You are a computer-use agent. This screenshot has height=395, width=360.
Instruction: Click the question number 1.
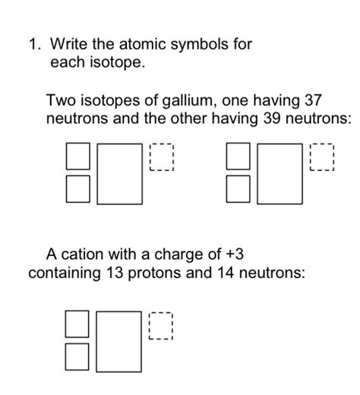point(33,45)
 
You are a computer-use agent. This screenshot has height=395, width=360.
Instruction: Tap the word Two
point(60,100)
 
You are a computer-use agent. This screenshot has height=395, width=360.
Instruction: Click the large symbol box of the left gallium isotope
point(119,174)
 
